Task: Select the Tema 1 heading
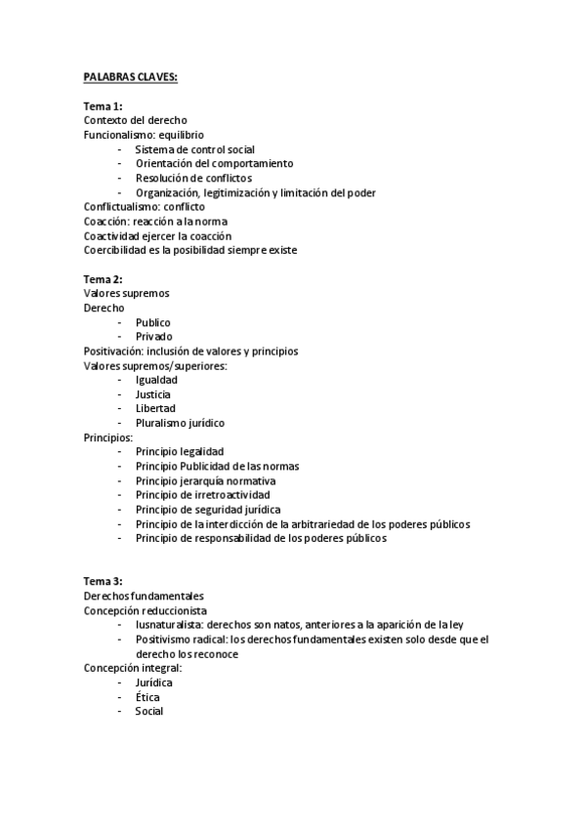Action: pos(103,105)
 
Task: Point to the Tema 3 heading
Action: pos(103,581)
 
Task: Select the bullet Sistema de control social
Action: pos(195,149)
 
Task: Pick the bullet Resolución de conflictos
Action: pos(193,179)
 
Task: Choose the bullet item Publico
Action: pos(153,322)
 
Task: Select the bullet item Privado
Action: pos(154,337)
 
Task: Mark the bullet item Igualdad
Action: pos(156,380)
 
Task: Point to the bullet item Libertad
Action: pos(155,408)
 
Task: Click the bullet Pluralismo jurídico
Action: pos(180,423)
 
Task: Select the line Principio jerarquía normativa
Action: pos(205,480)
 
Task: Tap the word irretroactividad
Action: pos(230,495)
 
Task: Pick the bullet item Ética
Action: pos(147,697)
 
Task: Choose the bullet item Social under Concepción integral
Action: pos(149,712)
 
